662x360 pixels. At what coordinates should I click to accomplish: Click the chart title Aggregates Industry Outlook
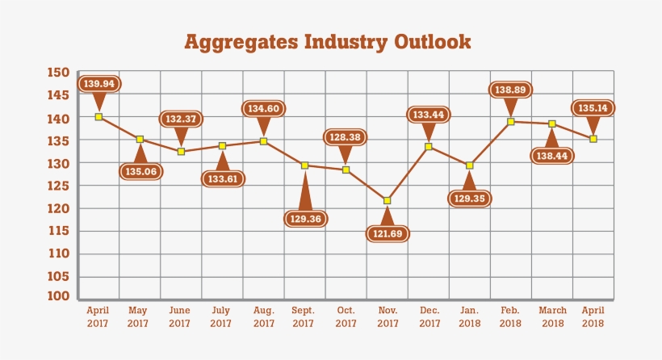(x=327, y=41)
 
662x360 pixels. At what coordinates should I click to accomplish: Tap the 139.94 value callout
(x=98, y=84)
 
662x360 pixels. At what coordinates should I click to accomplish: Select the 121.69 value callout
(x=387, y=233)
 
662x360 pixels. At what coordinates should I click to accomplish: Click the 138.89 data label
(x=511, y=90)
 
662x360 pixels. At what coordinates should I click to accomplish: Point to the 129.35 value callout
(x=469, y=197)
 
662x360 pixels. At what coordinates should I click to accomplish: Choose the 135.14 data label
(x=593, y=107)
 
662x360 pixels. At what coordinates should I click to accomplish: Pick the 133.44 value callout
(x=429, y=115)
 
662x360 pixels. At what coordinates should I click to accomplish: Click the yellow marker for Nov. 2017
(x=388, y=200)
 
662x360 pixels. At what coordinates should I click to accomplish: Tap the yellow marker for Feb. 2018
(x=511, y=122)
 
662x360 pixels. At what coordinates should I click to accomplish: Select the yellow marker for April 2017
(x=98, y=117)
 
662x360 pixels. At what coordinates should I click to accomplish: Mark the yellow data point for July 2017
(x=223, y=146)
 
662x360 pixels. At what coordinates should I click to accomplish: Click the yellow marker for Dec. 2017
(x=429, y=146)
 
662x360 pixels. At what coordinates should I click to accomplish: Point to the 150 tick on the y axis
(x=58, y=73)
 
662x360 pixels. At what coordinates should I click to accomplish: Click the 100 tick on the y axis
(x=58, y=297)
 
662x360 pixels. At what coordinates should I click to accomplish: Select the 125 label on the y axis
(x=58, y=186)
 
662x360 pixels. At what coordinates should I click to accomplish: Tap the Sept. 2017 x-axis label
(x=304, y=316)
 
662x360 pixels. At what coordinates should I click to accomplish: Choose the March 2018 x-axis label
(x=552, y=316)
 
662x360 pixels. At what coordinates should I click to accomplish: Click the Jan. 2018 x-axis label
(x=469, y=316)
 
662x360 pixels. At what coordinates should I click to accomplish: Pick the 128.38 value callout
(x=346, y=136)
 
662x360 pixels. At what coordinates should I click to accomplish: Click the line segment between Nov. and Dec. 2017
(x=408, y=174)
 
